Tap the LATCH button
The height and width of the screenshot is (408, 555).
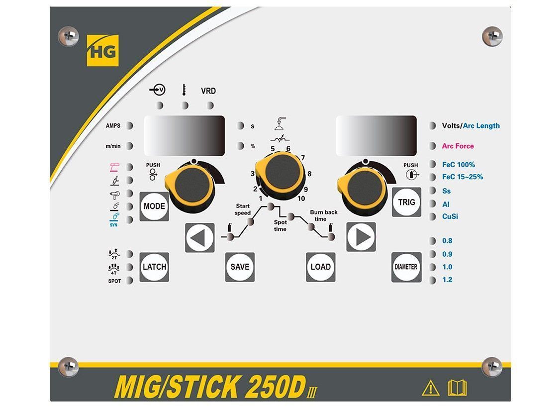[x=154, y=267]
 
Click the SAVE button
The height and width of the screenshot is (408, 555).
[x=240, y=267]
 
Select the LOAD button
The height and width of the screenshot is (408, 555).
[x=320, y=267]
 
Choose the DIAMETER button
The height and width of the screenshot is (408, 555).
[x=406, y=267]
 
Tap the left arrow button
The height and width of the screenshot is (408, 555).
[x=200, y=238]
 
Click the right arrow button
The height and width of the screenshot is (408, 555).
[x=362, y=237]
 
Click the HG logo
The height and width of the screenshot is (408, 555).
[x=103, y=50]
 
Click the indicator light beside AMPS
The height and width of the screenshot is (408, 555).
[x=129, y=126]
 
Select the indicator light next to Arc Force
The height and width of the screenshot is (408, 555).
[x=432, y=146]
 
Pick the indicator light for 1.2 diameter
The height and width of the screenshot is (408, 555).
[x=432, y=280]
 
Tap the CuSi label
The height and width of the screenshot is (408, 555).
[x=451, y=216]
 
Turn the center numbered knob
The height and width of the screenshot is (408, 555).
[x=280, y=172]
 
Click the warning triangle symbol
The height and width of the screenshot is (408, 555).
[x=430, y=388]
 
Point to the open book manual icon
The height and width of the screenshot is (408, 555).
[x=457, y=387]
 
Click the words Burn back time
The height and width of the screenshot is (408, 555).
[x=324, y=215]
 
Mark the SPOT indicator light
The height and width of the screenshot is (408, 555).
[x=129, y=281]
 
